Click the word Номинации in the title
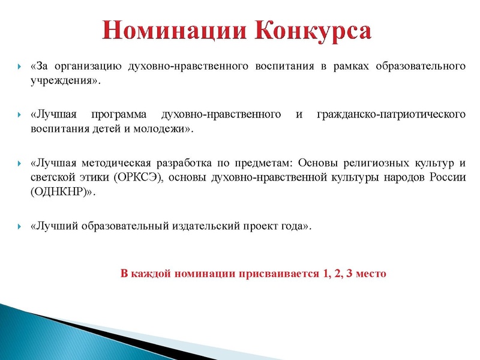173,30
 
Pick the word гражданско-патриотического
390,113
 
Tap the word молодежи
162,129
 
